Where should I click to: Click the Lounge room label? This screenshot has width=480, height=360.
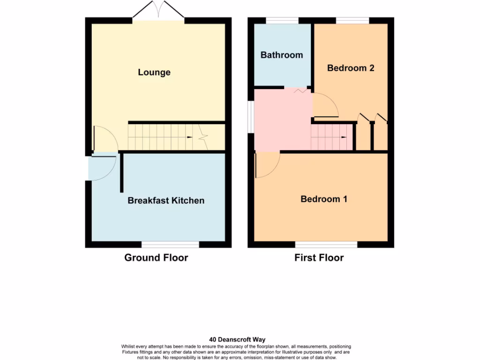click(x=154, y=72)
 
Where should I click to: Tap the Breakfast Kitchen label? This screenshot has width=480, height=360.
click(x=166, y=201)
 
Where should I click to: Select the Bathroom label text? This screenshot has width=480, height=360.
click(x=282, y=55)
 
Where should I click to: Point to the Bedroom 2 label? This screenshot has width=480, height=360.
click(x=351, y=68)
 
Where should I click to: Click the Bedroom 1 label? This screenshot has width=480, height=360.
click(x=324, y=199)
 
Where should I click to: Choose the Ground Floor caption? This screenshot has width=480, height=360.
click(x=156, y=258)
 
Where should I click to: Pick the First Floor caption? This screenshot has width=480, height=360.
click(x=319, y=258)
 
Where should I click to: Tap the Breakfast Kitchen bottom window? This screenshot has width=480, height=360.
click(x=170, y=244)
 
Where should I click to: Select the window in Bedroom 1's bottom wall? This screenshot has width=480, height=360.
click(x=326, y=244)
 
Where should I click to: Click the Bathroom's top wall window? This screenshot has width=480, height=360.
click(x=282, y=20)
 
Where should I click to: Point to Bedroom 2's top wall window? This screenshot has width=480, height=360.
click(x=352, y=20)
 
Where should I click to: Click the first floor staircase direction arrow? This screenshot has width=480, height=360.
click(x=344, y=137)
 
